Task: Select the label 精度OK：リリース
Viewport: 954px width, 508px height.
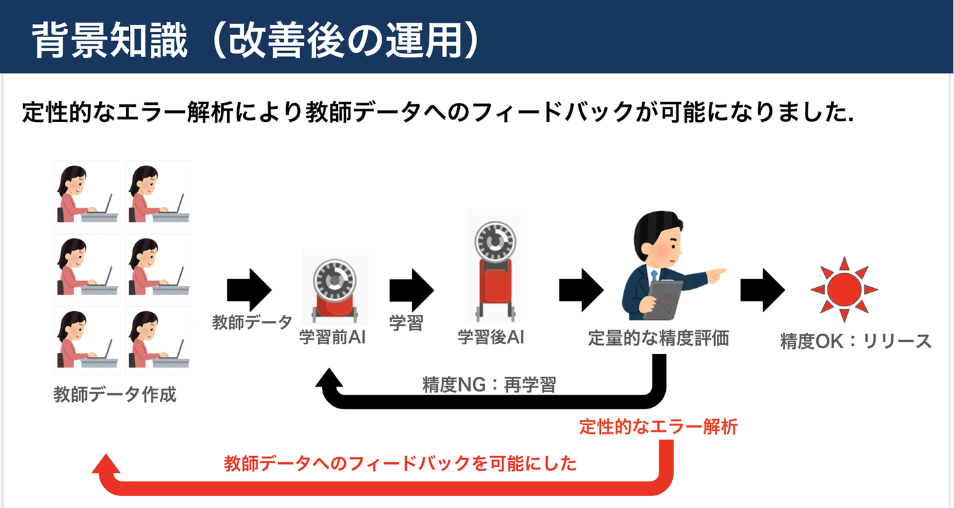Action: pyautogui.click(x=856, y=342)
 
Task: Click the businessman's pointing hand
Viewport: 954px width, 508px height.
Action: pyautogui.click(x=715, y=273)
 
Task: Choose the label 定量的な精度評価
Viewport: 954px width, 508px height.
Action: pyautogui.click(x=659, y=338)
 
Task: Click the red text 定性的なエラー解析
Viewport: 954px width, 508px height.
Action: pyautogui.click(x=658, y=427)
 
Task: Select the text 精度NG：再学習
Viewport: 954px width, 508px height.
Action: pyautogui.click(x=489, y=384)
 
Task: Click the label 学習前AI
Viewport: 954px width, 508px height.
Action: pyautogui.click(x=333, y=338)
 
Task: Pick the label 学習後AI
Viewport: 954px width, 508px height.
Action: pyautogui.click(x=491, y=338)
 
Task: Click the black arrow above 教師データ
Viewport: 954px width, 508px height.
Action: pyautogui.click(x=249, y=289)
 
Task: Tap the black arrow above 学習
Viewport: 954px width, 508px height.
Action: pyautogui.click(x=411, y=289)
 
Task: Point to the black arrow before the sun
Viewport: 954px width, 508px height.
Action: pyautogui.click(x=763, y=289)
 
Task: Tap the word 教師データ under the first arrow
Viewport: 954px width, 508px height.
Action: pyautogui.click(x=252, y=322)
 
